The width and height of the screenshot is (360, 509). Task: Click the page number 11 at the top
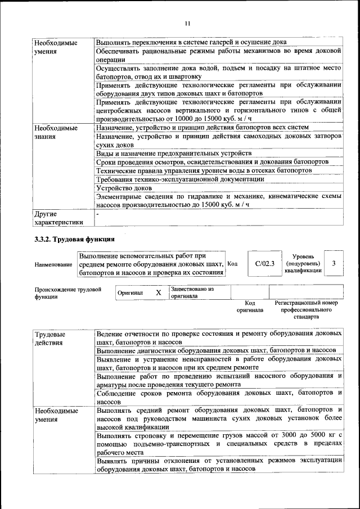(187, 23)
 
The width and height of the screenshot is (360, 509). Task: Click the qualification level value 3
(334, 263)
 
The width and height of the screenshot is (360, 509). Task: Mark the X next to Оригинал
(159, 292)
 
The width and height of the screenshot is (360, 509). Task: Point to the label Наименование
(53, 264)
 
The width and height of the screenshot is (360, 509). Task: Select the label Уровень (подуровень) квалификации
(303, 263)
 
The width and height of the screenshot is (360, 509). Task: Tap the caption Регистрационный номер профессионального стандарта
(306, 309)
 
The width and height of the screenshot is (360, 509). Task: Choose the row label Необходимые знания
(55, 132)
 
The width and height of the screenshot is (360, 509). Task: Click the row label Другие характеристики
(58, 218)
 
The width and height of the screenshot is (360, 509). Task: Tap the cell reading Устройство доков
(116, 188)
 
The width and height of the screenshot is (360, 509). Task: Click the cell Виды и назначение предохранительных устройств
(173, 153)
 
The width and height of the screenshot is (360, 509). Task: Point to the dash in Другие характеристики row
(98, 214)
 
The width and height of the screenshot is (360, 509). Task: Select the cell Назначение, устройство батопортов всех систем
(202, 128)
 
